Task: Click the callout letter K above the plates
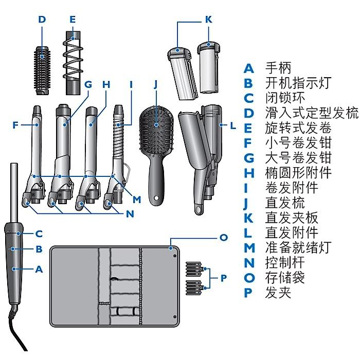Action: point(208,20)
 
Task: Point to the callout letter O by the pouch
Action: point(223,238)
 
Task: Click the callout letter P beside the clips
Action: point(223,278)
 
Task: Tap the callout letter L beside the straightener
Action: point(232,125)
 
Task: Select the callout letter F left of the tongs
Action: point(15,124)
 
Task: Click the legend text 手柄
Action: point(278,68)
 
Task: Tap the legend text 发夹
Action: point(278,293)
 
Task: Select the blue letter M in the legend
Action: point(249,248)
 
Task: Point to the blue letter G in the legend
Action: point(249,157)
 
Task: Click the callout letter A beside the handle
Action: point(39,268)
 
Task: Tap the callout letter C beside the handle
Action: point(39,233)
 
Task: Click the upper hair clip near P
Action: point(194,269)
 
